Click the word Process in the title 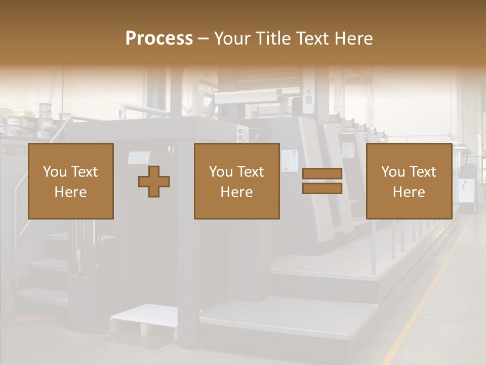tap(159, 39)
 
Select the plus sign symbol tap(154, 181)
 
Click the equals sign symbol tap(322, 181)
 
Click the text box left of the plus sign tap(71, 181)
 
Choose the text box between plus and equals tap(236, 181)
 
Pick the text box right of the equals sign tap(409, 181)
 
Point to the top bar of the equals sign tap(322, 174)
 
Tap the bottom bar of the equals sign tap(322, 188)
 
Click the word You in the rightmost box tap(393, 172)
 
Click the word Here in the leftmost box tap(70, 192)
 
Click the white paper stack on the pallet tap(144, 315)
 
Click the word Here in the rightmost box tap(409, 192)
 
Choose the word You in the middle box tap(221, 172)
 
